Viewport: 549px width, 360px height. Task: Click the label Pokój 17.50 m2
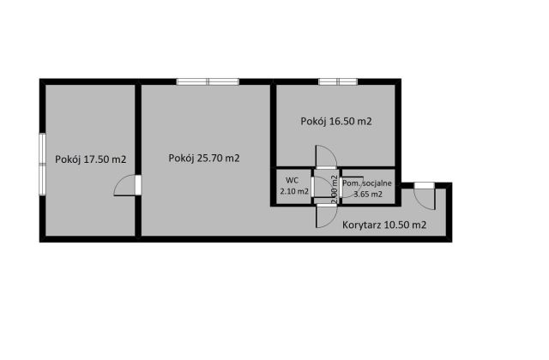pos(91,159)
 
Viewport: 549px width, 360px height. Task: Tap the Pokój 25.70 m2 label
pos(204,159)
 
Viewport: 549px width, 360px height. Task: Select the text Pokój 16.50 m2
pos(336,122)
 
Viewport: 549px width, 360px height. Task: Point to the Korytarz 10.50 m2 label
pos(384,225)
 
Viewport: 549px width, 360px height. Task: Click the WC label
pos(292,181)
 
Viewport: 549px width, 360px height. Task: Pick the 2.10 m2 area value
pos(294,191)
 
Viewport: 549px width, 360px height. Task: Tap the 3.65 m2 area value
pos(368,195)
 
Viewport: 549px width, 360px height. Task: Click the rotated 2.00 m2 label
pos(334,189)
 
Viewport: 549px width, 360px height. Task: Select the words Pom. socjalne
pos(367,183)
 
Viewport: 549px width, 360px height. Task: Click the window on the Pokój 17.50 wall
pos(42,164)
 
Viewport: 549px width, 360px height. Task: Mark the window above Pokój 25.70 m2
pos(208,82)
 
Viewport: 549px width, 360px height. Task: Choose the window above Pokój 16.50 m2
pos(338,82)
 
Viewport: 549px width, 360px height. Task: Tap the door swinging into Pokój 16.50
pos(326,157)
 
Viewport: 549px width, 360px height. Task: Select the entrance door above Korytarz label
pos(425,196)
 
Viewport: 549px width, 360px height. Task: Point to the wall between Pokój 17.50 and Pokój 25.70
pos(138,160)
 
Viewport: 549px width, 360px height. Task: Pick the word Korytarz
pos(362,225)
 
